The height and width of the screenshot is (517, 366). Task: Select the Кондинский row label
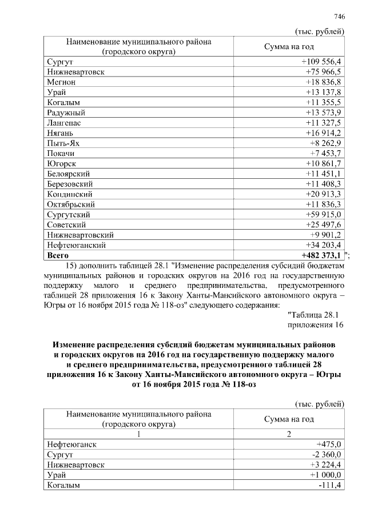pos(70,194)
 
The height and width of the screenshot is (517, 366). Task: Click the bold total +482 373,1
pos(321,255)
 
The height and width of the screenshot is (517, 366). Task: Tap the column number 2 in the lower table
pos(289,434)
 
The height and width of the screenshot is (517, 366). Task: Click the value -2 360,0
pos(325,455)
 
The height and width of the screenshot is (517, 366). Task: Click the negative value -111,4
pos(330,486)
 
